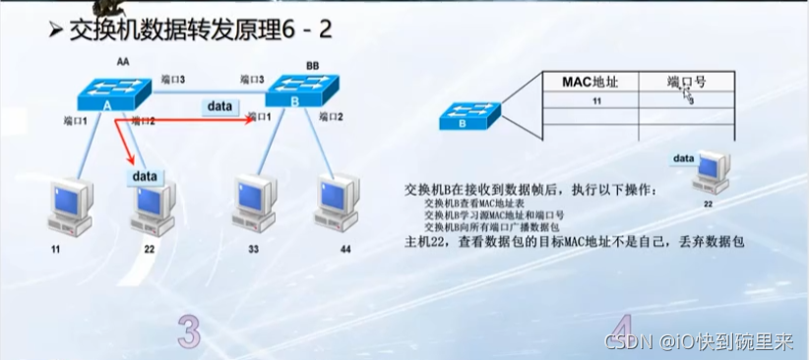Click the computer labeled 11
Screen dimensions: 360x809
coord(68,207)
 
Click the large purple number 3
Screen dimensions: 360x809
coord(189,330)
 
